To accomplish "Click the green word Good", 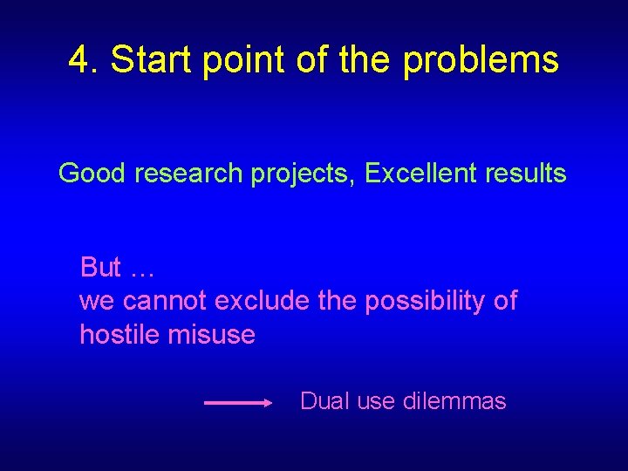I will coord(93,174).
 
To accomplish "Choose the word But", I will coord(99,266).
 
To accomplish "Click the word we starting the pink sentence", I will coord(96,302).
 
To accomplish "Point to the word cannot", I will coord(165,301).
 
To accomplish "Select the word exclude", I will coord(262,301).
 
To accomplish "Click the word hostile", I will coord(115,334).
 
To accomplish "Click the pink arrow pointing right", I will coord(238,403).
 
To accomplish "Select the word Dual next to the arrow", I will coord(324,401).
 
